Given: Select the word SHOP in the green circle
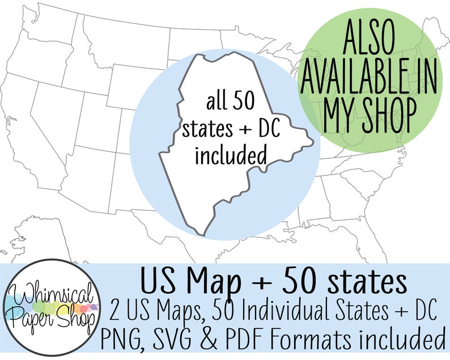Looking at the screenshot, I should pyautogui.click(x=389, y=116).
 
